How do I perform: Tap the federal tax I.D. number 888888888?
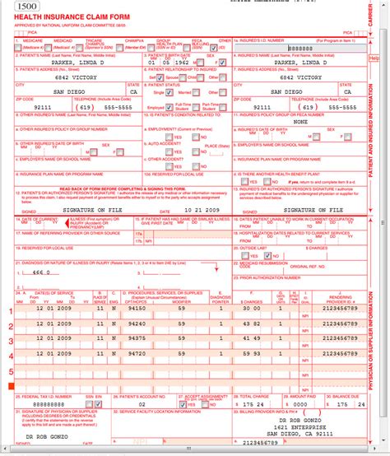[x=41, y=404]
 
